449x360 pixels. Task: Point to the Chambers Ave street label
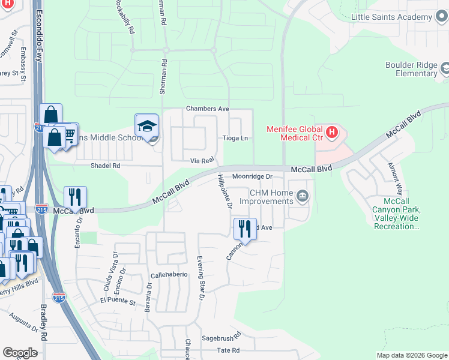click(208, 109)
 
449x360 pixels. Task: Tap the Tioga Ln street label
click(235, 138)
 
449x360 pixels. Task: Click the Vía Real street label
click(202, 160)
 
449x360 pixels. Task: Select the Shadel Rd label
click(105, 165)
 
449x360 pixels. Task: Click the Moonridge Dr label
click(253, 177)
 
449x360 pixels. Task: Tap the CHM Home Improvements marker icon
click(303, 196)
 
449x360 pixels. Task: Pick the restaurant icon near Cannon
click(245, 228)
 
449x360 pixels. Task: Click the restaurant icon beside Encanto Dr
click(75, 197)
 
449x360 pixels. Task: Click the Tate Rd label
click(228, 350)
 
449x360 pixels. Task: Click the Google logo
click(20, 352)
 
